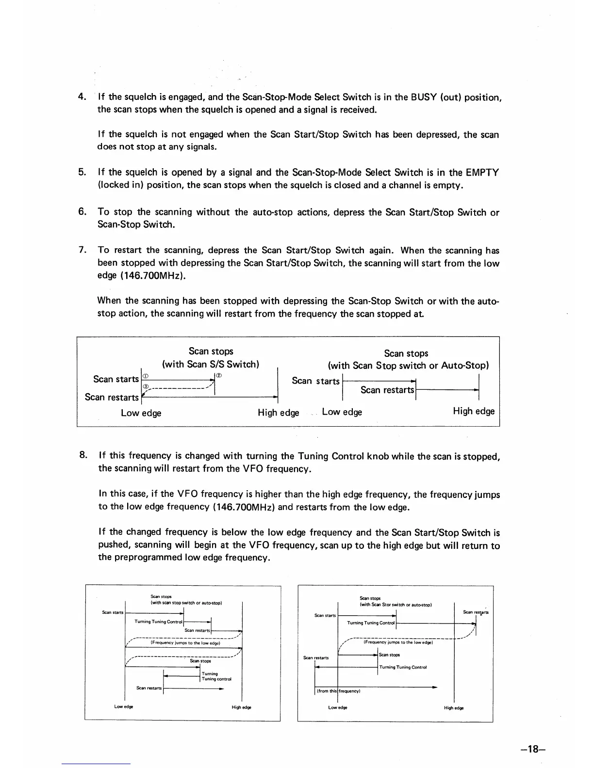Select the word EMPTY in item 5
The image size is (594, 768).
tap(482, 173)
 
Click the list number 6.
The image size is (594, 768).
tap(82, 212)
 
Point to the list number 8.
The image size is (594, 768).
tap(83, 455)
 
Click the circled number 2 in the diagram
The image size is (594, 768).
tap(219, 375)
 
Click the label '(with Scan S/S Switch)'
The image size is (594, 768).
tap(211, 364)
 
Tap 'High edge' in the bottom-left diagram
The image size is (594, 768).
tap(241, 707)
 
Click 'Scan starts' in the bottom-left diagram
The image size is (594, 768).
tap(113, 613)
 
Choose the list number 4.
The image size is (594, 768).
tap(82, 96)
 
